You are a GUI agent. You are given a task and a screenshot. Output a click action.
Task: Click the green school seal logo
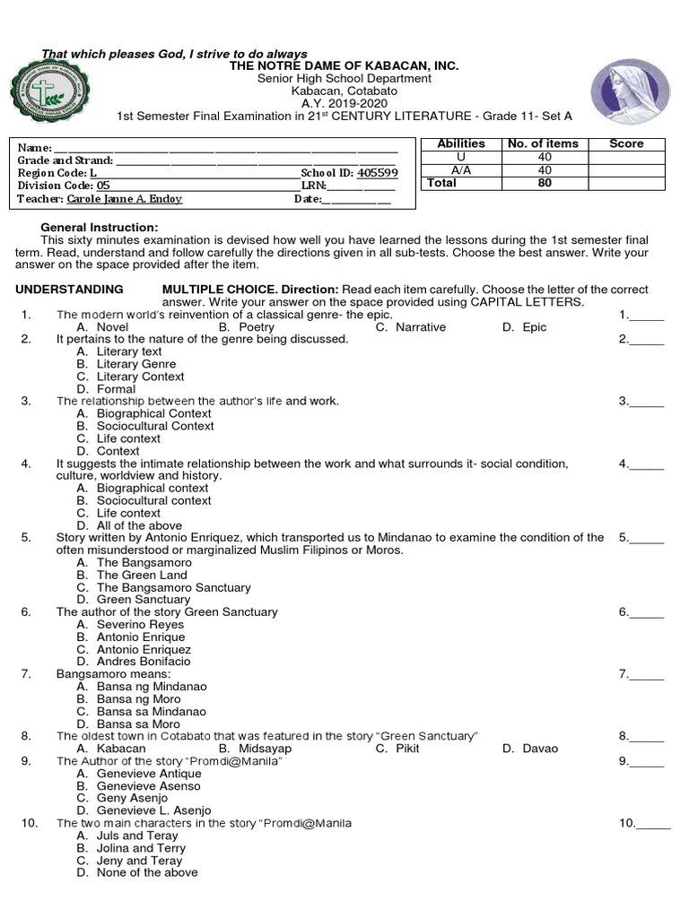click(48, 97)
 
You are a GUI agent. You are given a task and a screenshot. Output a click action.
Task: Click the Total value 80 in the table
click(544, 183)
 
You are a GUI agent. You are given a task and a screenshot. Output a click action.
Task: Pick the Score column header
click(626, 143)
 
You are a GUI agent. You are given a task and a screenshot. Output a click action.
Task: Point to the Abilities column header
click(460, 143)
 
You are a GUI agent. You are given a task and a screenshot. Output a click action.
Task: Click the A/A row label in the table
click(460, 169)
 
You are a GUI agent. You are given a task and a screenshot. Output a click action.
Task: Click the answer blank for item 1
click(646, 315)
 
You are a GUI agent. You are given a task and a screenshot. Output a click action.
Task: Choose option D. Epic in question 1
click(524, 327)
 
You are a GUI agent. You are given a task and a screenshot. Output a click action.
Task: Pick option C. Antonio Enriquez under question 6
click(134, 649)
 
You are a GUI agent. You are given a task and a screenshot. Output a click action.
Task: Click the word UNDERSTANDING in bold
click(70, 290)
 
